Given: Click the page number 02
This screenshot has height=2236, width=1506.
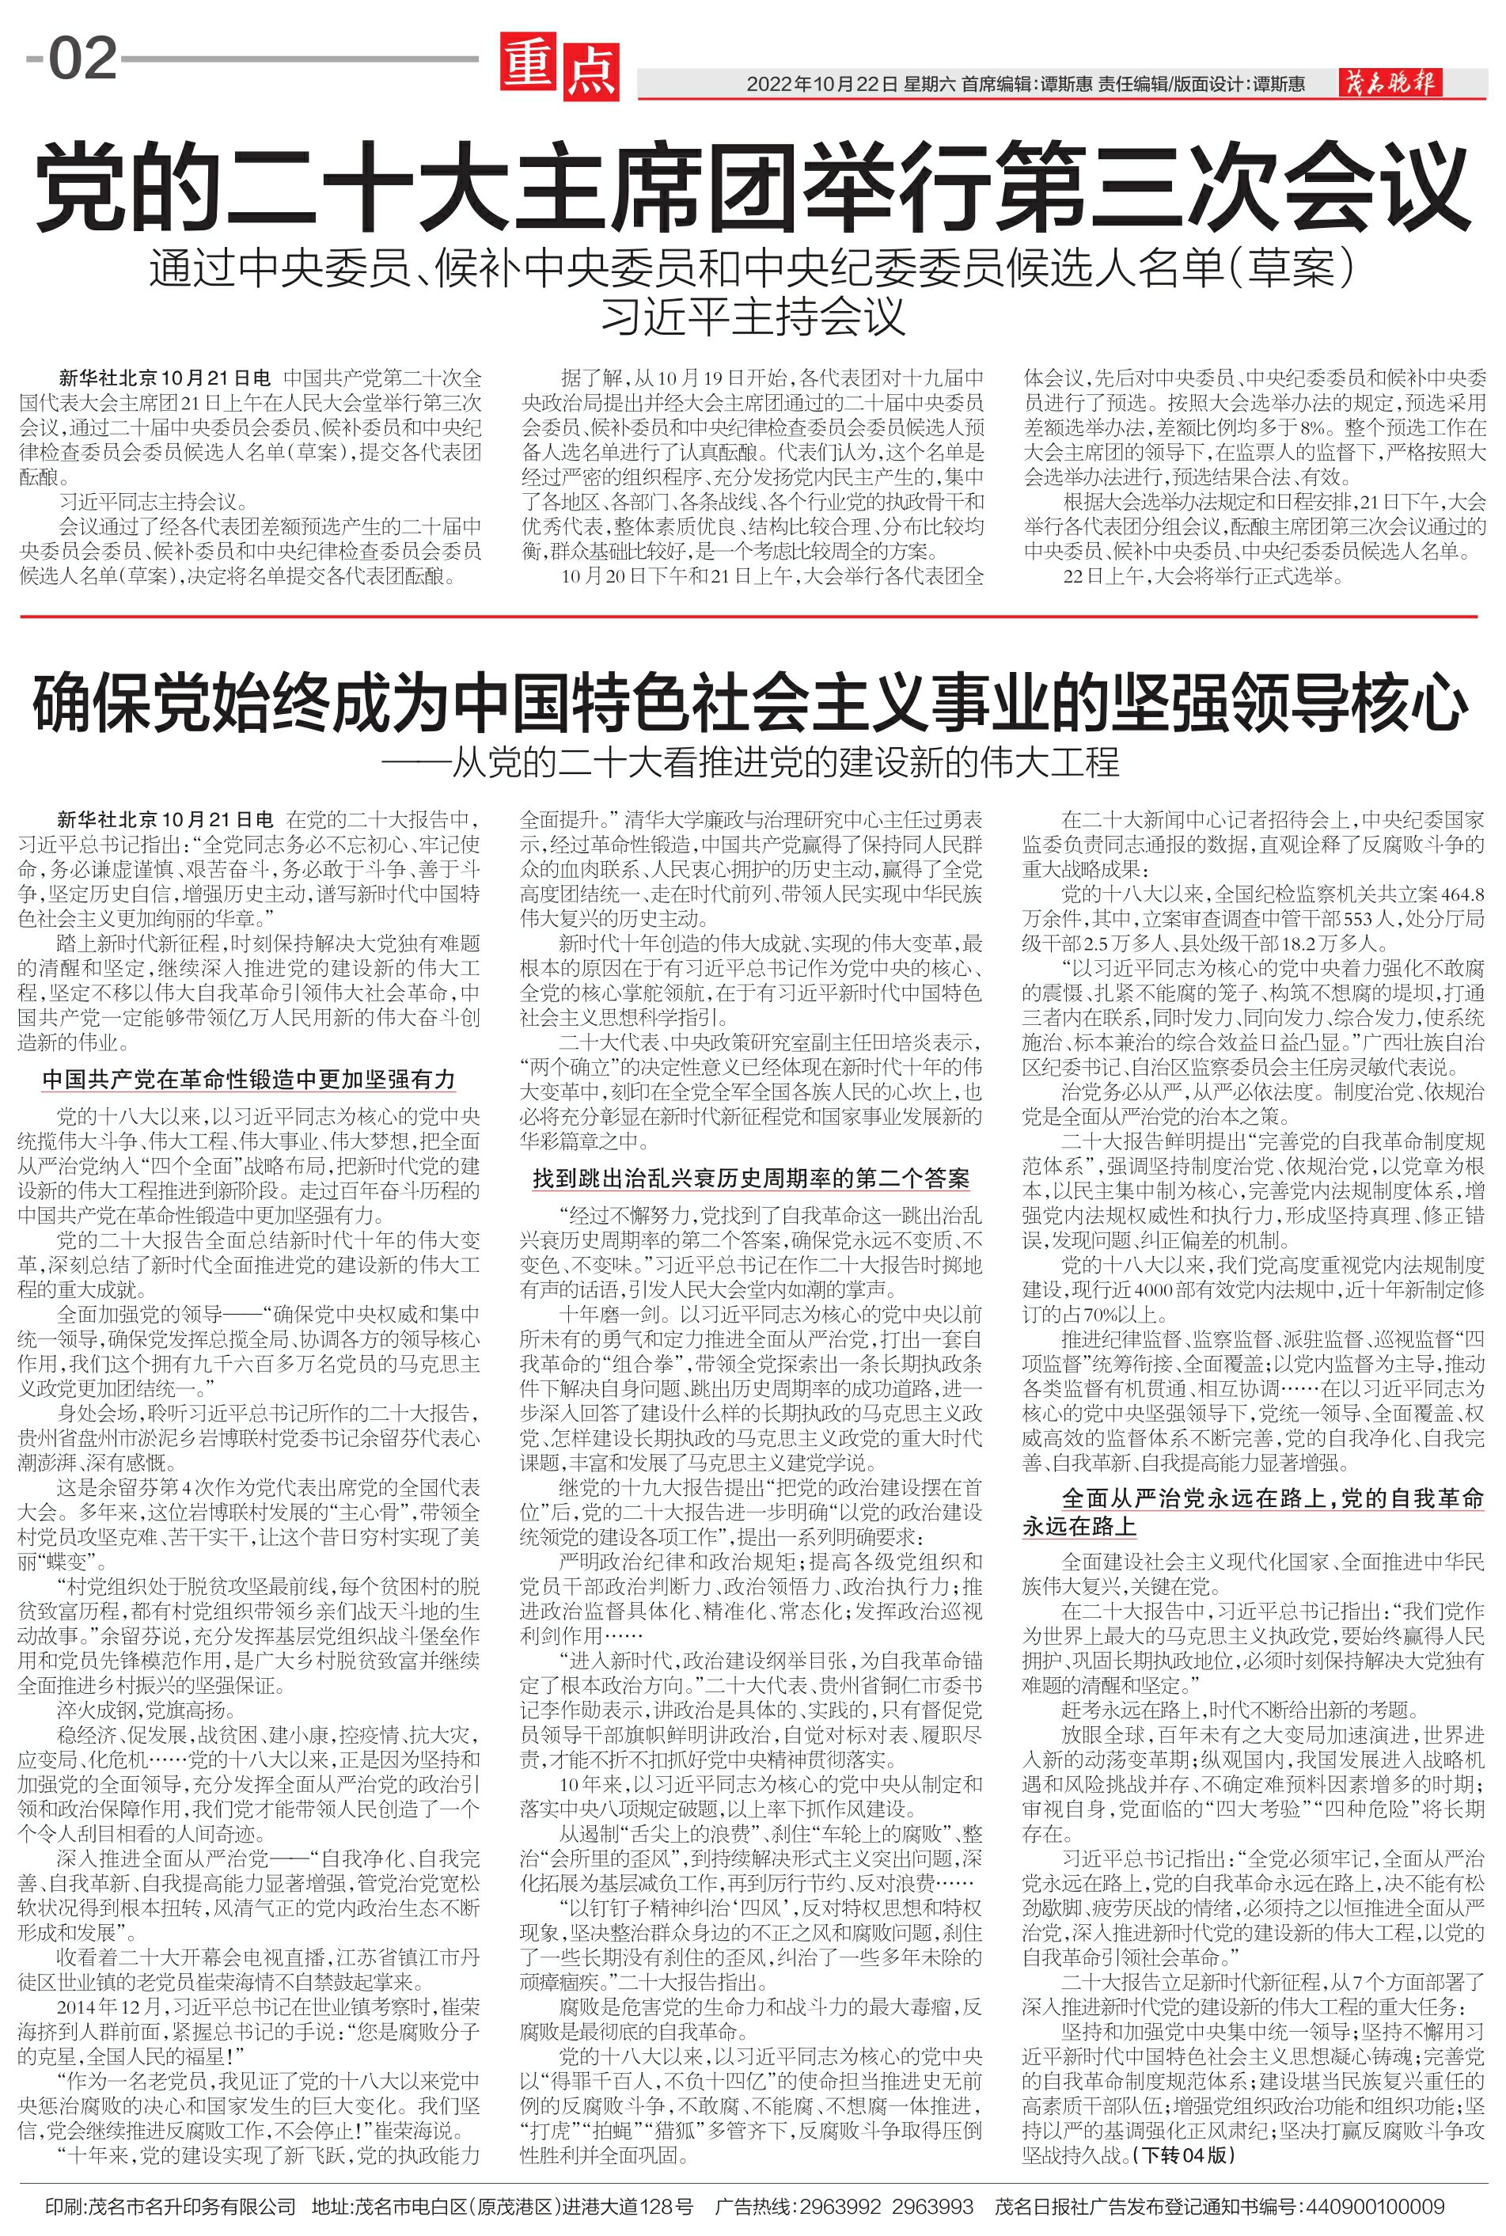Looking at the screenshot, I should (82, 59).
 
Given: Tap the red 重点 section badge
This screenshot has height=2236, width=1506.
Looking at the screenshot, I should (558, 67).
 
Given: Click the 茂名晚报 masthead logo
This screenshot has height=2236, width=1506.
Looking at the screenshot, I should (1389, 84).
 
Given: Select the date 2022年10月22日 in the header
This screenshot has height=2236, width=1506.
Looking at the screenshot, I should (821, 85).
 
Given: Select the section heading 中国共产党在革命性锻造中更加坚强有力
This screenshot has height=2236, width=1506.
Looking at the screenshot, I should (248, 1080).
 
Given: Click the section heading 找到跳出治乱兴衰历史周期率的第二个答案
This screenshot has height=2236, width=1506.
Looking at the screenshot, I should (751, 1179).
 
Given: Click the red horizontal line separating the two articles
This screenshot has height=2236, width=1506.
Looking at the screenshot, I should (752, 617).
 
